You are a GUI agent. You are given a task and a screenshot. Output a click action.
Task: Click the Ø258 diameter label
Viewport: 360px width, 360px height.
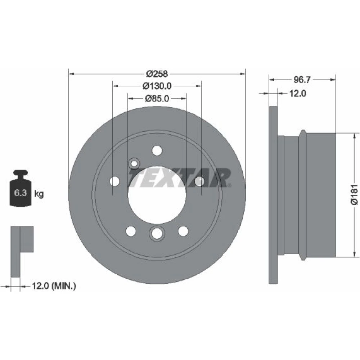[157, 74]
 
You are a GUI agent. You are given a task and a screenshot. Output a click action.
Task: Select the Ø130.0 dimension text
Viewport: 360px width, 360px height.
[157, 86]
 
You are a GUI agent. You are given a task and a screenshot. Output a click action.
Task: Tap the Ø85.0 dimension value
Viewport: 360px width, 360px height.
[157, 99]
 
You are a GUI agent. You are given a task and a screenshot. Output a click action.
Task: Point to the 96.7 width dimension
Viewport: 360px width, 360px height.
[302, 80]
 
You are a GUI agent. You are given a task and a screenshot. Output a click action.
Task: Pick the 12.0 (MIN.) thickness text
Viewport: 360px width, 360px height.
[54, 286]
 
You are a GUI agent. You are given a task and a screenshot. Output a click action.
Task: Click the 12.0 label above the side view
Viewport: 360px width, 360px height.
[297, 94]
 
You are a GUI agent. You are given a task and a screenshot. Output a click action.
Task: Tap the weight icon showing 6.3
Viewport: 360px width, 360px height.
[21, 188]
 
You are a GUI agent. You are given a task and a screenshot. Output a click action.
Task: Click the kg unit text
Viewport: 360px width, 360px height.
[39, 194]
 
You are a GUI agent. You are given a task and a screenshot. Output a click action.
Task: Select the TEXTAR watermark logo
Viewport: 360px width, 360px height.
[180, 178]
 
